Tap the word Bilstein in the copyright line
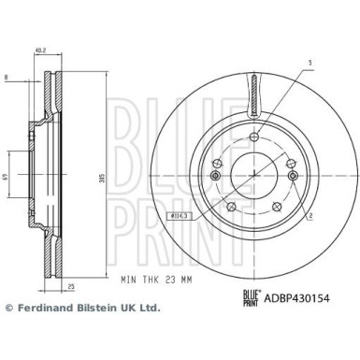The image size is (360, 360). pos(100,334)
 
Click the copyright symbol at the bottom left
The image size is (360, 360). pos(10,334)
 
